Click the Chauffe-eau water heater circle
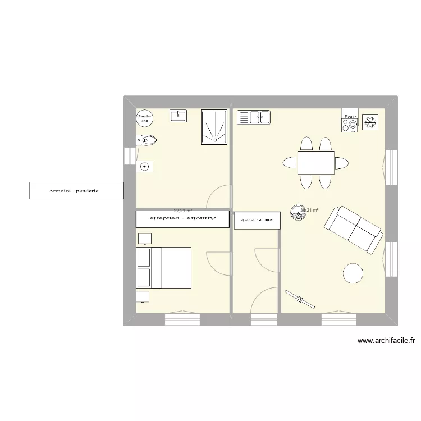144,117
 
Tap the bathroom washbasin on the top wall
179,116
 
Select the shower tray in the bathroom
214,125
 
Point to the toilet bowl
147,140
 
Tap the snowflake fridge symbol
370,122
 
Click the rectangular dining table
316,163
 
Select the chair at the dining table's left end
290,163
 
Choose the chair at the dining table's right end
342,163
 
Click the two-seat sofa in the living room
353,229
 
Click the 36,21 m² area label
310,210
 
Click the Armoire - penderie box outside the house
76,190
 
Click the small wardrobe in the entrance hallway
257,220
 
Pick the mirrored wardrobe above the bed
182,219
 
